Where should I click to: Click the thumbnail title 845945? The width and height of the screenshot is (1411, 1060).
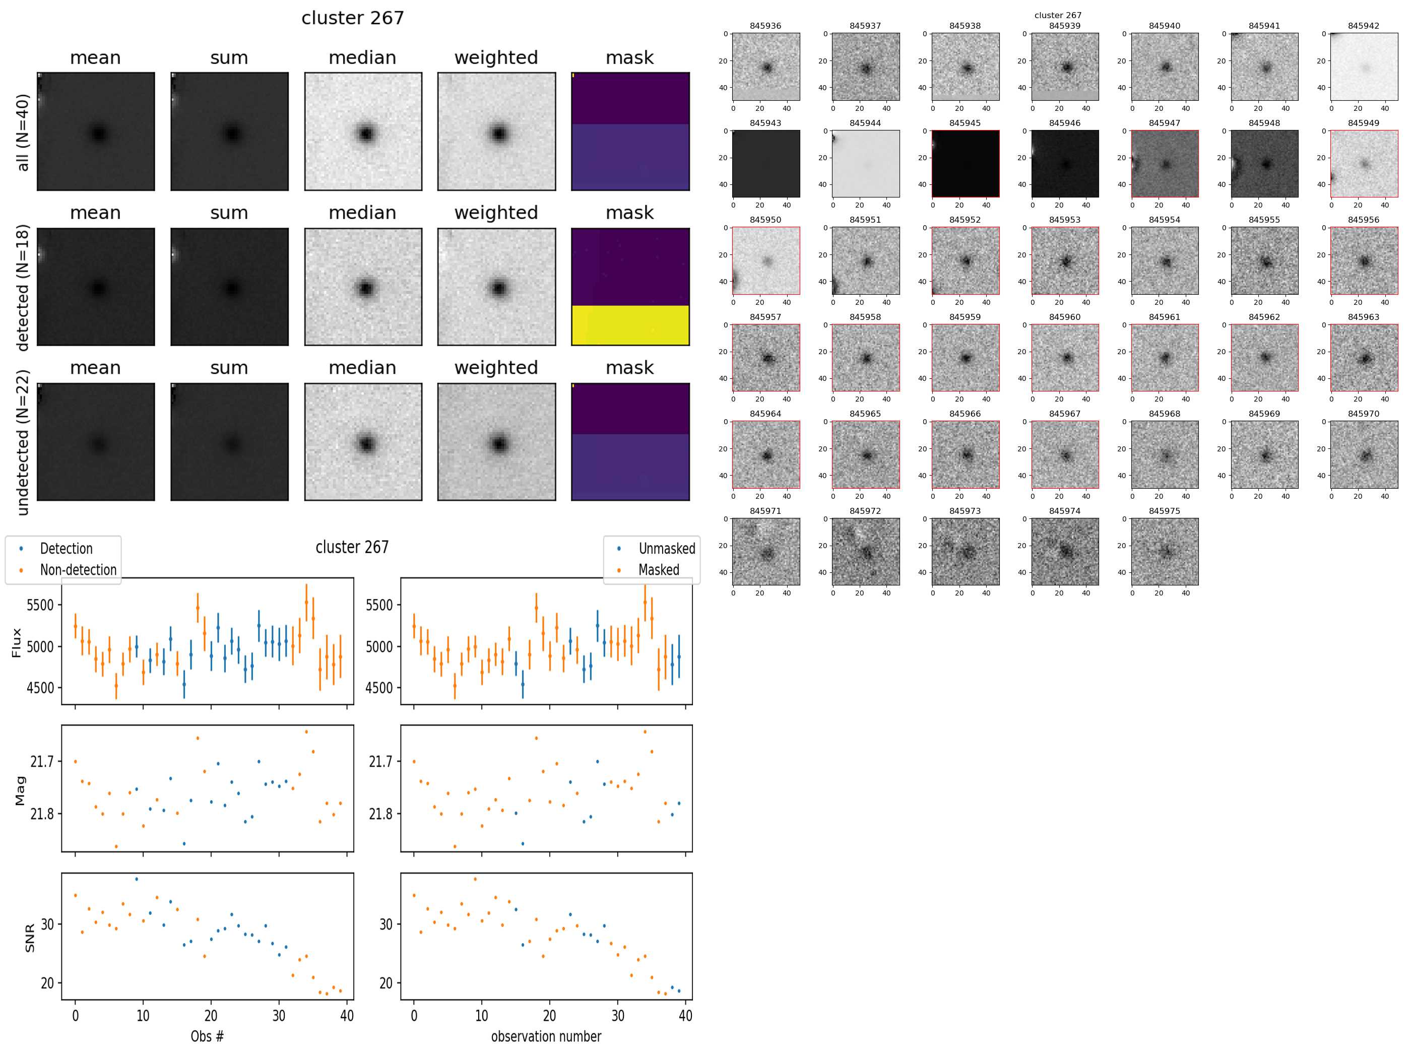pos(965,123)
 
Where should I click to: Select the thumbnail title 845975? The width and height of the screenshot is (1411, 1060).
pos(1164,511)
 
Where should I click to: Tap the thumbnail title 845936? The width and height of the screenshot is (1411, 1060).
pos(765,26)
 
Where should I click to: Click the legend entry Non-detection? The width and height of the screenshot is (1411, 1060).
pos(78,569)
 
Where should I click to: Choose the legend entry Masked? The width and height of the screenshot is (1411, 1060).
pos(658,569)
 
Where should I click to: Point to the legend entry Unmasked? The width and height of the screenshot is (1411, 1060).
pos(667,549)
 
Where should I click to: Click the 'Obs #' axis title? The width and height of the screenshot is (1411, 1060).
pos(207,1036)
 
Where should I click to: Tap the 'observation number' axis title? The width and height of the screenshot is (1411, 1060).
pos(546,1036)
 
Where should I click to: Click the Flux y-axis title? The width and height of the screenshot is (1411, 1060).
pos(17,642)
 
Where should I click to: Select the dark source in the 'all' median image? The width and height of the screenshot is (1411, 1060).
pos(365,134)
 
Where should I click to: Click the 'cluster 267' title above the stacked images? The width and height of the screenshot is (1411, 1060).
pos(352,18)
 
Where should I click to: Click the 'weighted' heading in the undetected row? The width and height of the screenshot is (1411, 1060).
pos(496,368)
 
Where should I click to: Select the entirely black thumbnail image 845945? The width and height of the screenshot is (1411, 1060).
pos(965,164)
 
